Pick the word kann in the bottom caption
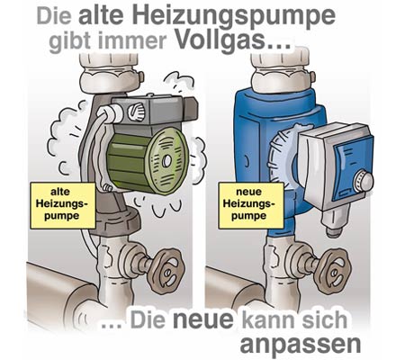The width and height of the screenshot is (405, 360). click(x=270, y=319)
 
